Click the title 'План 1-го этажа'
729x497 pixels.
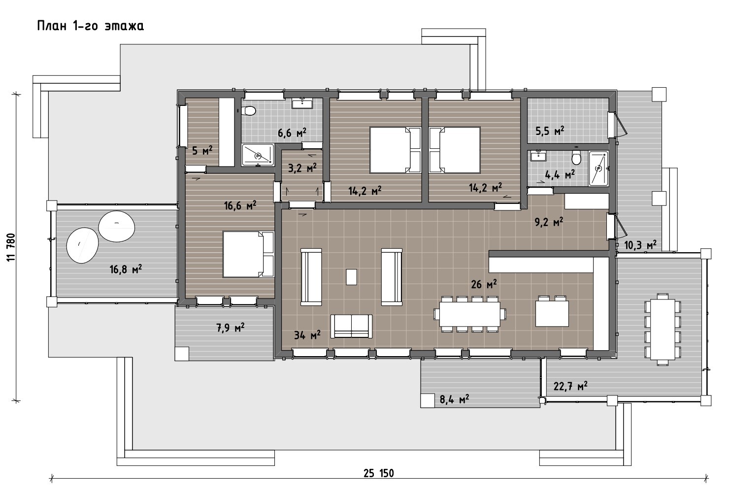(x=90, y=26)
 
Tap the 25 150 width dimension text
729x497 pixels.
(x=378, y=473)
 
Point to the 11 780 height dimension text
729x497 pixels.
(x=11, y=247)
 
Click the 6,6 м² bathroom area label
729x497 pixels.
(x=292, y=133)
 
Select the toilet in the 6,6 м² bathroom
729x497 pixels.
(x=249, y=111)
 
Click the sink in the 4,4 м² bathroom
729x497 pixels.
(x=538, y=156)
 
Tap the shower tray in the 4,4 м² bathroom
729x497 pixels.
(x=598, y=168)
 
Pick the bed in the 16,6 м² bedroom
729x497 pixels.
(x=248, y=254)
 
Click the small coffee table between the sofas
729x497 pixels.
(x=351, y=277)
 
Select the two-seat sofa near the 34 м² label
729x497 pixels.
(x=352, y=327)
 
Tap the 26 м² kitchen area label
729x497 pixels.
(x=484, y=284)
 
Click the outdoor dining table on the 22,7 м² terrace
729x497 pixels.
(x=663, y=330)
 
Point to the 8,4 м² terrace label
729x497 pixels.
(x=454, y=399)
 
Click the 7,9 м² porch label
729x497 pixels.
(x=231, y=328)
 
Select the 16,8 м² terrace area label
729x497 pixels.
(x=126, y=269)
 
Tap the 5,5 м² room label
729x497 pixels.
(x=550, y=131)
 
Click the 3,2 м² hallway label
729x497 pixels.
(x=302, y=168)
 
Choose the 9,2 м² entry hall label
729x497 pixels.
(x=549, y=222)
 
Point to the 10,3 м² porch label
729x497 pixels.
(x=640, y=245)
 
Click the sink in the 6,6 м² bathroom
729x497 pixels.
(x=302, y=103)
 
